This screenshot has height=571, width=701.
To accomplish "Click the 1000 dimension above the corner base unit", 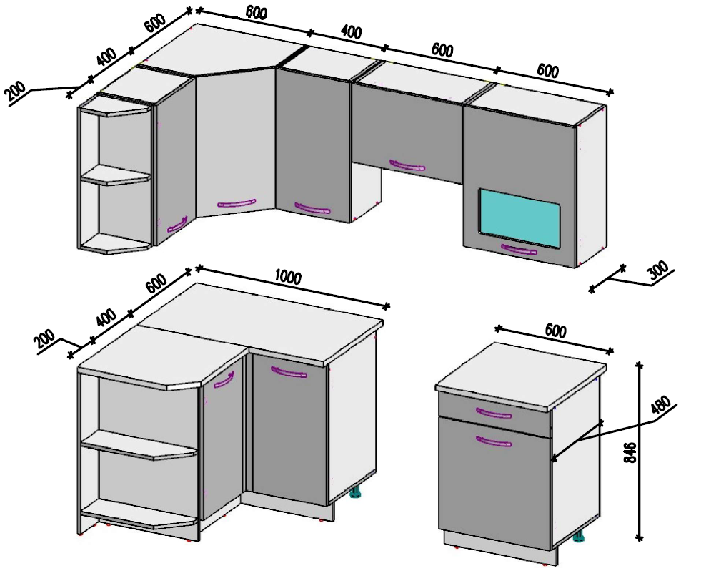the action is pyautogui.click(x=288, y=278).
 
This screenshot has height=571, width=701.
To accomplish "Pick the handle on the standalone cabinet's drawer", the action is pyautogui.click(x=494, y=412).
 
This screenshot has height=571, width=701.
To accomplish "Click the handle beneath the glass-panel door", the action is pyautogui.click(x=519, y=249).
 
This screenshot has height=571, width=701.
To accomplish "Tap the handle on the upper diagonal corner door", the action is pyautogui.click(x=237, y=204).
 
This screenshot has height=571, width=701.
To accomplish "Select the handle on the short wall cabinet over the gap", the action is pyautogui.click(x=407, y=165).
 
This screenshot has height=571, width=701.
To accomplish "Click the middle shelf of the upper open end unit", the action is pyautogui.click(x=115, y=175).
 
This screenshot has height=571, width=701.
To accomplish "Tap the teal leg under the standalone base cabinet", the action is pyautogui.click(x=579, y=537).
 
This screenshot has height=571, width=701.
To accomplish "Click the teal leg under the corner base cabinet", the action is pyautogui.click(x=355, y=493).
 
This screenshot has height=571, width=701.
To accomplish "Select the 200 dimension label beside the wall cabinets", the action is pyautogui.click(x=16, y=93).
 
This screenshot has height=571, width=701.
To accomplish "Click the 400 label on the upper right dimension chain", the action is pyautogui.click(x=351, y=31).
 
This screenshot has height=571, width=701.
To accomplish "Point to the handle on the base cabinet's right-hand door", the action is pyautogui.click(x=289, y=372).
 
